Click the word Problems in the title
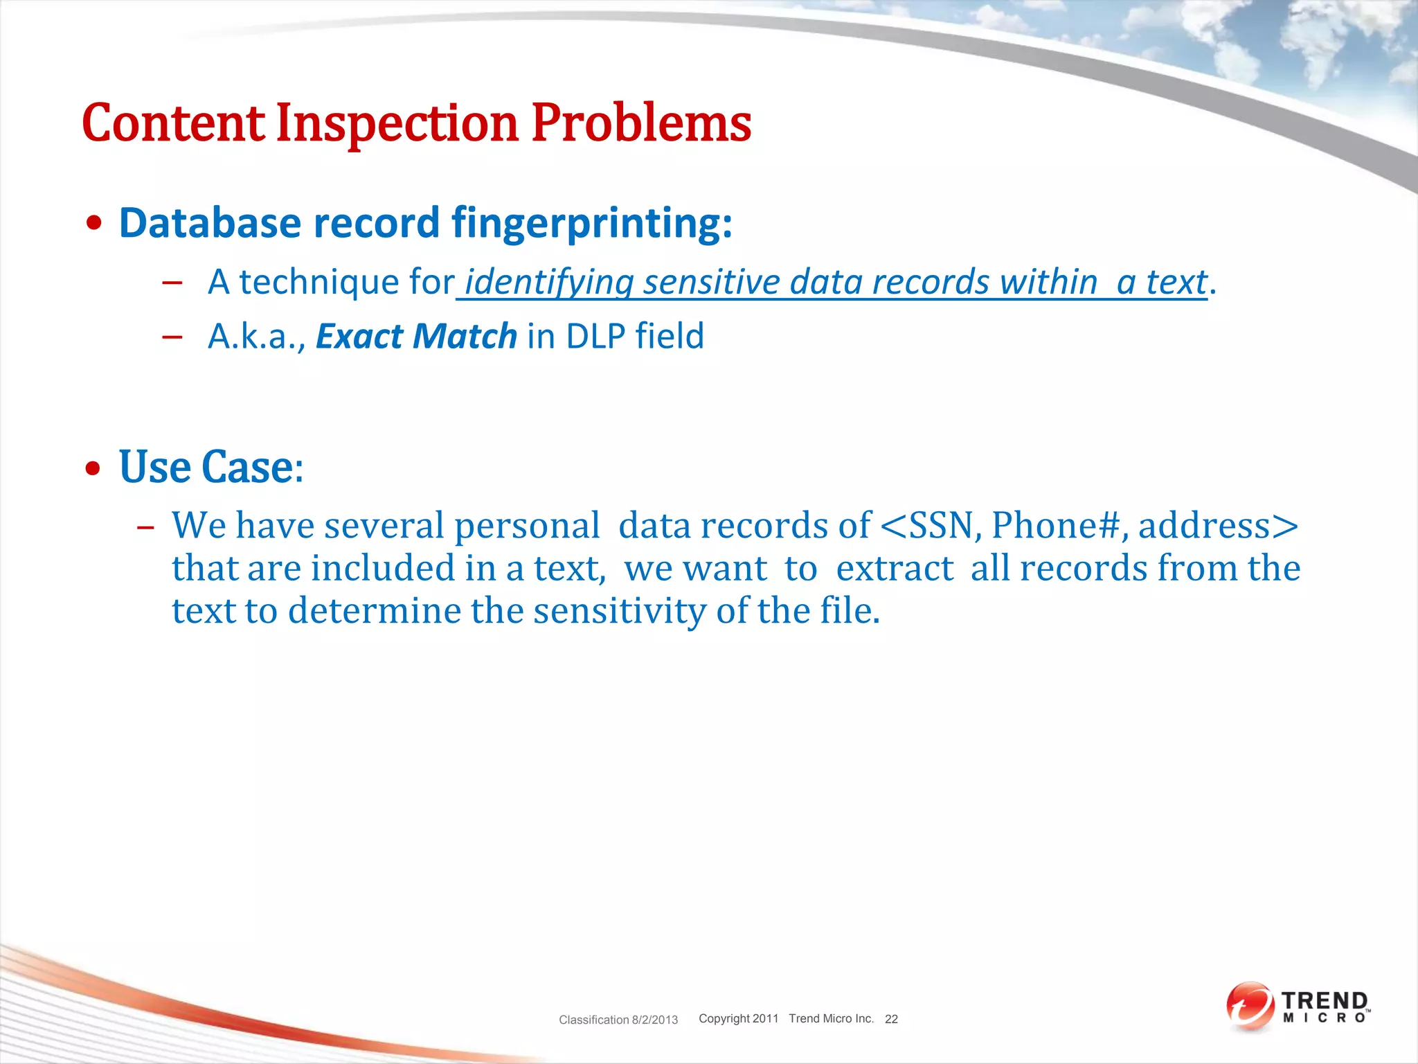(641, 123)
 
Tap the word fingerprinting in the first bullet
(591, 223)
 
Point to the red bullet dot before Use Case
(93, 469)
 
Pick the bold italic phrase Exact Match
(416, 336)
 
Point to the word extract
(895, 568)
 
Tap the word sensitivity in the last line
(620, 611)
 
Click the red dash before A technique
(172, 283)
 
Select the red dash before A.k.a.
(172, 337)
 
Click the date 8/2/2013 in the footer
(654, 1020)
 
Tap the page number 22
(891, 1019)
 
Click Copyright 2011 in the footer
(738, 1018)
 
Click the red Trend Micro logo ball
(1250, 1006)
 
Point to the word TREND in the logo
(1325, 1001)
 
